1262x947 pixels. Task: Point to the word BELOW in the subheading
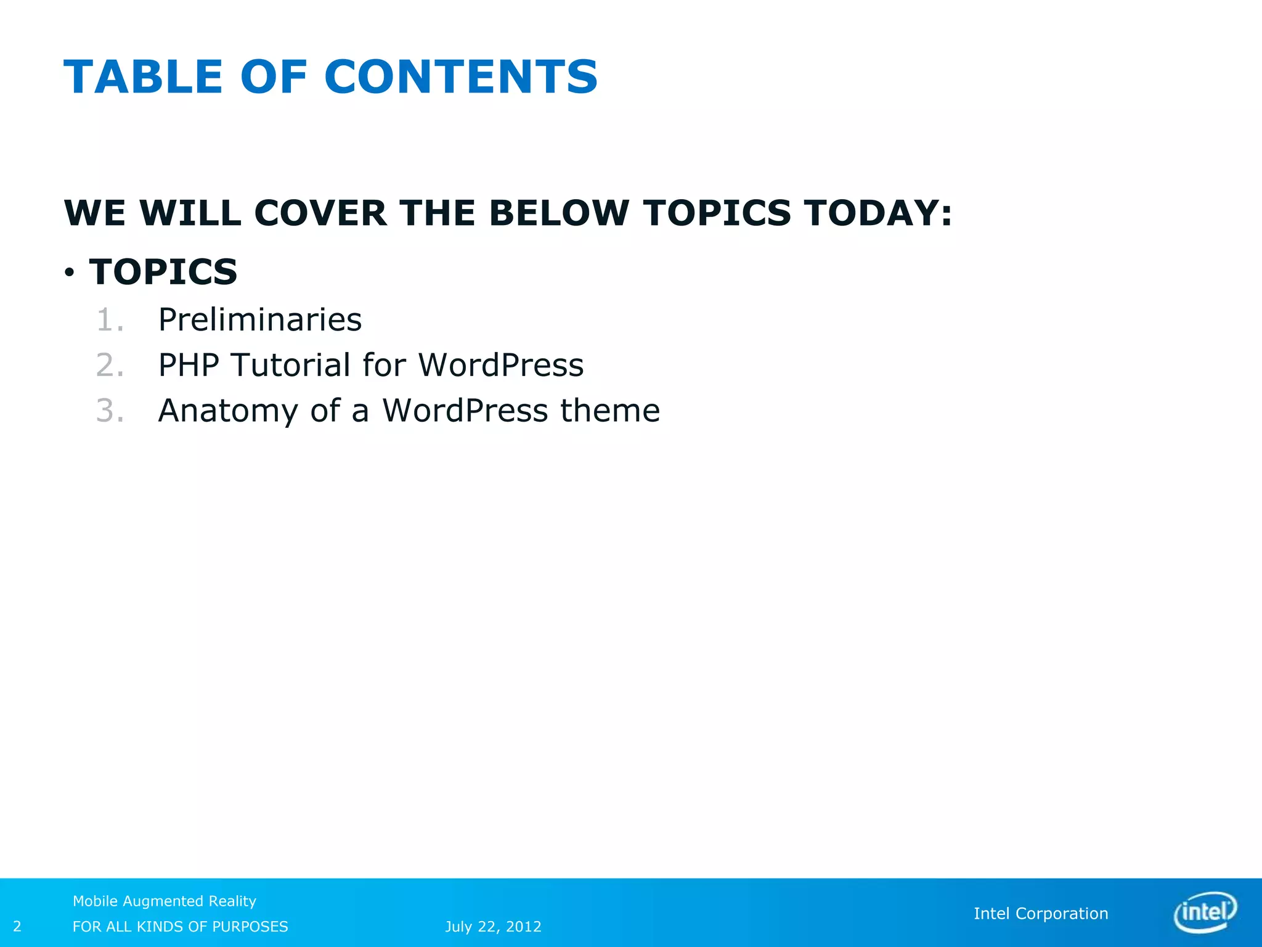[559, 213]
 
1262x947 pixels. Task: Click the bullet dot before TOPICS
[70, 272]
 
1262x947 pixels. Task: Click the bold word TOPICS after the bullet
[163, 272]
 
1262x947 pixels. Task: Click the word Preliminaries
[260, 320]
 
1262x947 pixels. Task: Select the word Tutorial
[290, 365]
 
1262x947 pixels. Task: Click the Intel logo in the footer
[1205, 911]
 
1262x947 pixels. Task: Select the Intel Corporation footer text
[1041, 914]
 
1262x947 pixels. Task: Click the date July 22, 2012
[493, 927]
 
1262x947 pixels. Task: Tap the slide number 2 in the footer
[17, 926]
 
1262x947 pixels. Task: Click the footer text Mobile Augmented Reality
[165, 901]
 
